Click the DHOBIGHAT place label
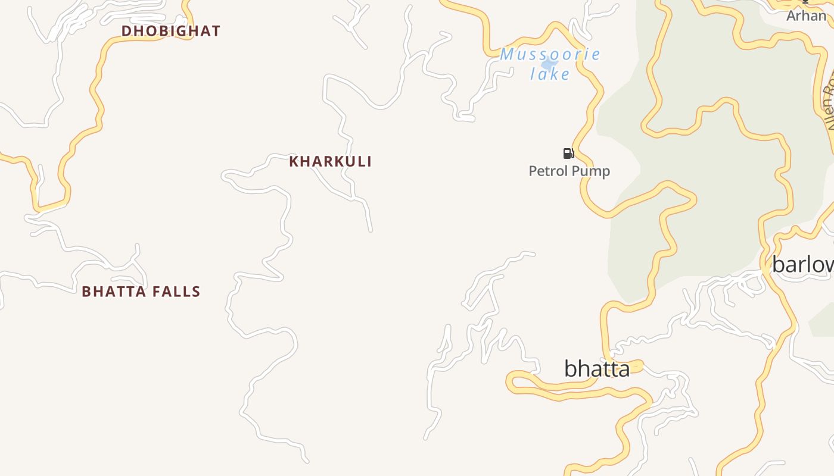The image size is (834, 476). point(171,31)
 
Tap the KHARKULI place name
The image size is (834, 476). point(331,161)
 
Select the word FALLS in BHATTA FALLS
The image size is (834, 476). point(176,292)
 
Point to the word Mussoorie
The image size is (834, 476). point(550,55)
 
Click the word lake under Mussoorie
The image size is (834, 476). point(550,74)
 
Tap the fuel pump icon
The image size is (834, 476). point(568,154)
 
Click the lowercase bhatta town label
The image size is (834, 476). point(596,369)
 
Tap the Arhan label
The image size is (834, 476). point(806,15)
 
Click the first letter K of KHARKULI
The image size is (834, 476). point(294,161)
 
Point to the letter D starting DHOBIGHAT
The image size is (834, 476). point(126,31)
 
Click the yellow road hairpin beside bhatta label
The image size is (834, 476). point(511,381)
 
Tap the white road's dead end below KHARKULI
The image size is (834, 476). point(371,230)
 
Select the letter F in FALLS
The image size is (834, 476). point(155,292)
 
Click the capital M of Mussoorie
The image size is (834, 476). point(508,55)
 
